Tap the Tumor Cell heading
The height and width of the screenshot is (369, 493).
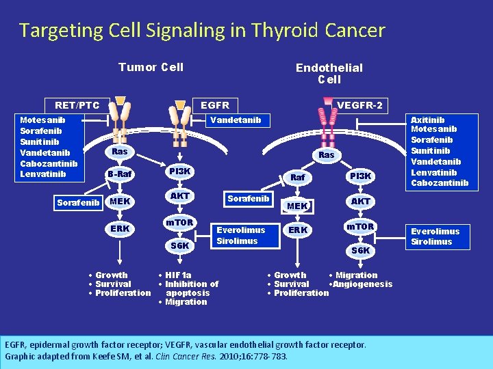pos(151,67)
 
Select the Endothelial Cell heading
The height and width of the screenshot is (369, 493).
pos(329,73)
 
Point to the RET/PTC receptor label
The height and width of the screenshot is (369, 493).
pos(77,105)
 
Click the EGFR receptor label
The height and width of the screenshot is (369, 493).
pos(214,105)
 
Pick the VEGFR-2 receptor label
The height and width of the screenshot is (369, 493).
pos(360,105)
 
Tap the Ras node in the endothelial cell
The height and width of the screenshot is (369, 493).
pos(327,155)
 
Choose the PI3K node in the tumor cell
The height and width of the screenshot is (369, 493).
pos(179,170)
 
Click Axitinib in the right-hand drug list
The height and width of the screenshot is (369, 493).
pos(427,120)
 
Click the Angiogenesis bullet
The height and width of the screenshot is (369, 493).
pos(363,284)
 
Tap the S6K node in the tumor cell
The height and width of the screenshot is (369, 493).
pos(179,245)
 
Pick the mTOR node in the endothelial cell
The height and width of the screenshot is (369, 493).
pos(360,226)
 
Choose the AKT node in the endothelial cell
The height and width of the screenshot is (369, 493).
pos(360,201)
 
